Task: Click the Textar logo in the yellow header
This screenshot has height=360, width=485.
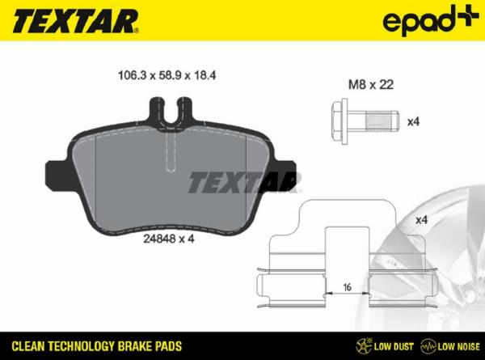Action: [x=75, y=21]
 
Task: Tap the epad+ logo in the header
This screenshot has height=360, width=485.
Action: [x=431, y=20]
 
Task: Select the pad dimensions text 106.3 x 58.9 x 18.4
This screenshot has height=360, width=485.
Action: [x=167, y=75]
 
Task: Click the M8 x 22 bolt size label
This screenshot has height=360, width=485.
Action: [x=371, y=84]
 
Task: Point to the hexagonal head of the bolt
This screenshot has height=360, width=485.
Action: [x=339, y=121]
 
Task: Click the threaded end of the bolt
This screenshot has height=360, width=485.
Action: [x=382, y=121]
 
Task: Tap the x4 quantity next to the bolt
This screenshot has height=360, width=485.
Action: [x=413, y=121]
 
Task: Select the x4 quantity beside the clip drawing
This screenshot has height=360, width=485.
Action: [x=421, y=220]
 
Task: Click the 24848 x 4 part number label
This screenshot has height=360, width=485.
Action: [x=169, y=239]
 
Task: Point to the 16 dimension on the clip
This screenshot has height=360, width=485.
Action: [x=348, y=287]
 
